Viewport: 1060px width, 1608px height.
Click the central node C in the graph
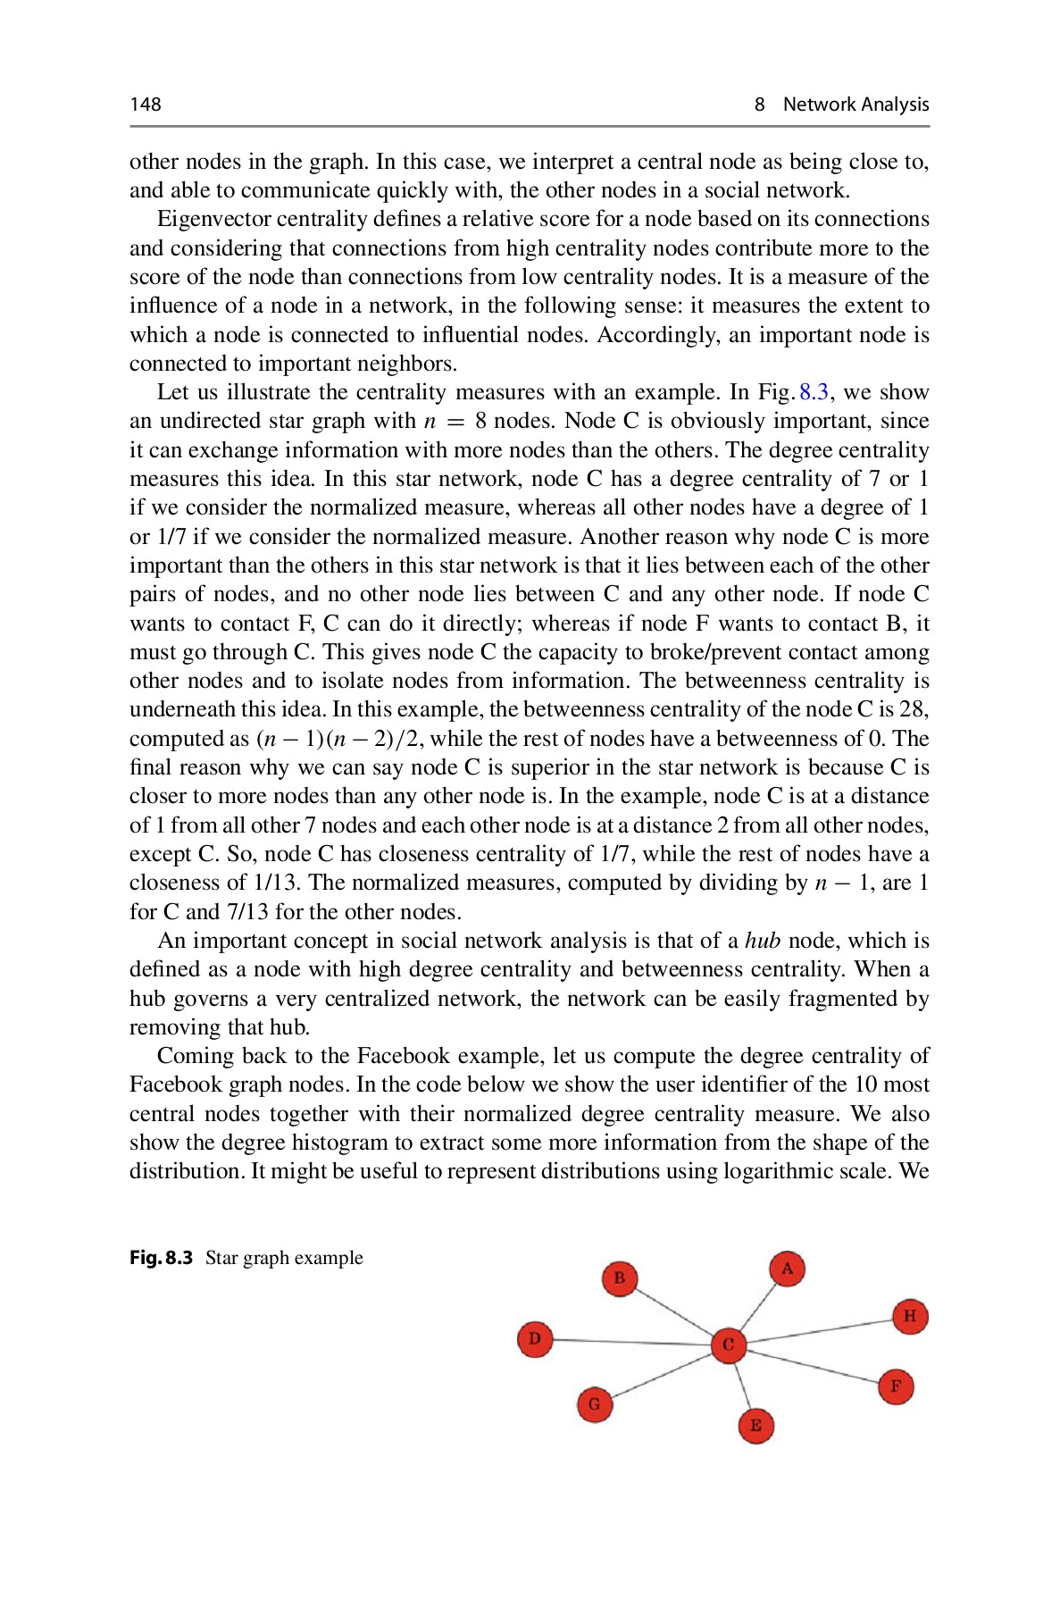(728, 1344)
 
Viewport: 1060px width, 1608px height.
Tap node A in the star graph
(787, 1269)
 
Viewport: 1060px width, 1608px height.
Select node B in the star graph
(619, 1278)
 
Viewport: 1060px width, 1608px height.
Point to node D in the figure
(535, 1338)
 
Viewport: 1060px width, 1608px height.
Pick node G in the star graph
(595, 1404)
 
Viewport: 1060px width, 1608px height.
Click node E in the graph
(755, 1425)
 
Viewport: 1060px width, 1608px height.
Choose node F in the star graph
(895, 1386)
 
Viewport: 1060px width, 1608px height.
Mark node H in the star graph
(909, 1316)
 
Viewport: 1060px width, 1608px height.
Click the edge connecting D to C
(630, 1341)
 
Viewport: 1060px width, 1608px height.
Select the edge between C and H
(817, 1330)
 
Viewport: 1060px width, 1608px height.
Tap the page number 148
(146, 105)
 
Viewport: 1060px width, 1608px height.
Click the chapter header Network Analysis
(855, 105)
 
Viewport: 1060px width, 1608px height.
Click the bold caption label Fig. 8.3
(161, 1258)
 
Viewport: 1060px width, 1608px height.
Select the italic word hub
(762, 941)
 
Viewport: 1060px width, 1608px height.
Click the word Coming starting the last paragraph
(196, 1056)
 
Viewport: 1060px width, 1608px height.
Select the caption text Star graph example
(284, 1258)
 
